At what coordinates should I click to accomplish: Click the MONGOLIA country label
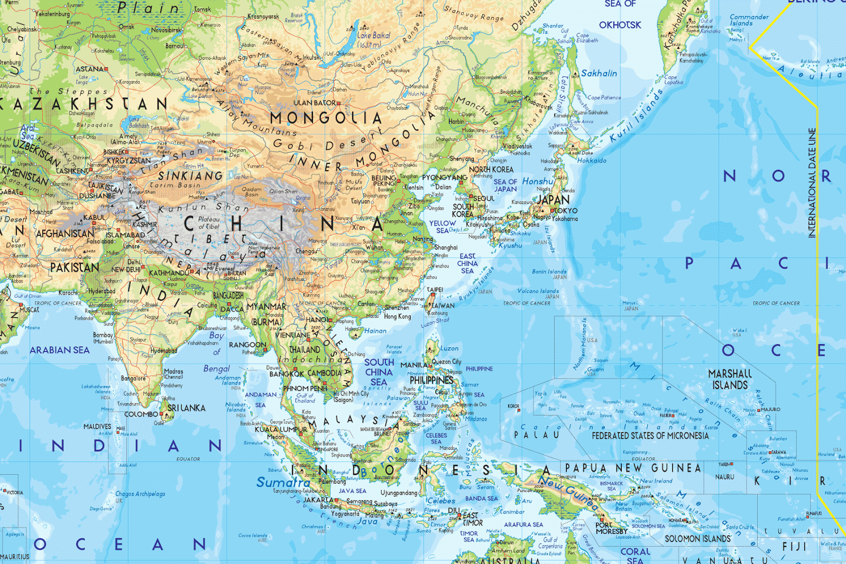point(325,118)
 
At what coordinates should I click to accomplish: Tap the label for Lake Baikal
point(374,36)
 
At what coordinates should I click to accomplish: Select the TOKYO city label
point(566,210)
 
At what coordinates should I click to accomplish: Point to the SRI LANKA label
point(186,408)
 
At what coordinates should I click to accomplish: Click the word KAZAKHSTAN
point(85,104)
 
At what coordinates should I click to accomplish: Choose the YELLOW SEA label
point(442,227)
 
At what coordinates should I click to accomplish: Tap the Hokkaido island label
point(592,161)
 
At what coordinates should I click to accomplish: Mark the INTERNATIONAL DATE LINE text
point(812,183)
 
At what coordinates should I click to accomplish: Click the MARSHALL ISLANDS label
point(730,380)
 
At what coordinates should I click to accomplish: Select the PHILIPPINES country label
point(431,380)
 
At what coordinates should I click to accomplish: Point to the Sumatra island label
point(283,482)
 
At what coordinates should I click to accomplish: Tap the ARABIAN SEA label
point(59,350)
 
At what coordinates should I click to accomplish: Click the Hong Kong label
point(397,316)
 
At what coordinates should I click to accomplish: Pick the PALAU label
point(536,434)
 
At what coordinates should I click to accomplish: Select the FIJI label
point(794,547)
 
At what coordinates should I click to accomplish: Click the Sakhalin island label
point(599,73)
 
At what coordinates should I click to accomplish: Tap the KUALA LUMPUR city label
point(281,429)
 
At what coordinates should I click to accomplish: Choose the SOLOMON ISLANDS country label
point(697,539)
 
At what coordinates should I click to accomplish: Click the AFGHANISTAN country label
point(65,233)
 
